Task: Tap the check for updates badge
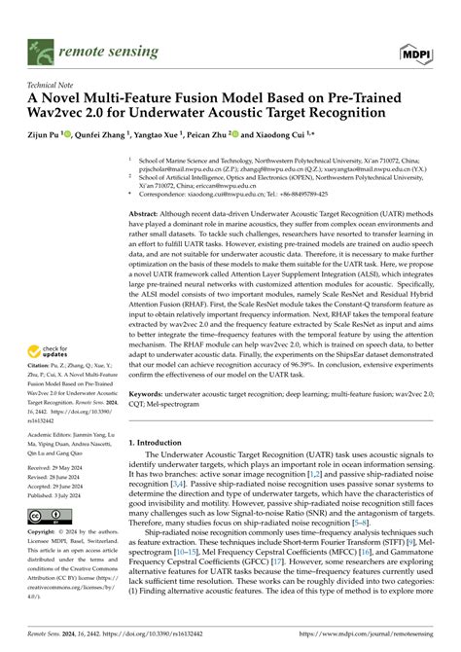click(x=53, y=351)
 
